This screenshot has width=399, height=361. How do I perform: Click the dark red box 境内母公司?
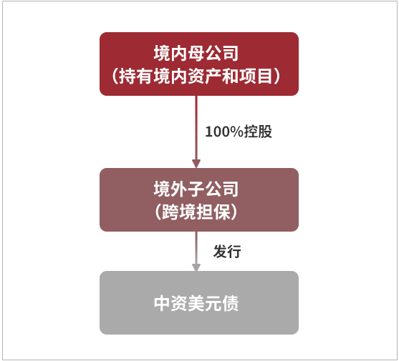click(x=199, y=64)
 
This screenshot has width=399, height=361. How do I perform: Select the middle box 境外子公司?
click(x=199, y=199)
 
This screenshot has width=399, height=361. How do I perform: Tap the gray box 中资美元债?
click(x=199, y=302)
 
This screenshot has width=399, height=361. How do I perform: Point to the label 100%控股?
click(x=239, y=132)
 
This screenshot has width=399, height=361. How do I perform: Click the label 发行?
click(x=227, y=252)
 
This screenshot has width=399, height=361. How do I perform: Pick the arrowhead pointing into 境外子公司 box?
click(x=196, y=164)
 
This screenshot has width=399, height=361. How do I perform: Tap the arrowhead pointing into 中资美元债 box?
click(x=196, y=267)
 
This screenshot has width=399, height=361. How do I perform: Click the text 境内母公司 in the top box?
click(x=196, y=53)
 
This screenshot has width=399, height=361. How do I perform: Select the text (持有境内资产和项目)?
click(x=196, y=76)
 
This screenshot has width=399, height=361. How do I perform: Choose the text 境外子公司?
click(x=196, y=189)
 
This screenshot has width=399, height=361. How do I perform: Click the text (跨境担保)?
click(x=196, y=212)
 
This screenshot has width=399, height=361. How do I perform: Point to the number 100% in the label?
click(x=224, y=132)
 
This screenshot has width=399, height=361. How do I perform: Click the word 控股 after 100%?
click(x=258, y=132)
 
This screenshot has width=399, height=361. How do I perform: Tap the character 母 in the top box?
click(x=196, y=53)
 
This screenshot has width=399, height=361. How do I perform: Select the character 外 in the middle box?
click(x=178, y=189)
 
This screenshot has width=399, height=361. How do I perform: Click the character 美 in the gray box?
click(x=196, y=303)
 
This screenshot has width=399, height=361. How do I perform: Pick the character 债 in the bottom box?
click(x=230, y=303)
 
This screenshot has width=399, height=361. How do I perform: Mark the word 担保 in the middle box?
click(x=213, y=212)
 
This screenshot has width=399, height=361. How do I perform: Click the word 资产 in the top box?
click(x=205, y=76)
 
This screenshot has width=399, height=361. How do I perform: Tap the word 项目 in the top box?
click(x=256, y=76)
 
